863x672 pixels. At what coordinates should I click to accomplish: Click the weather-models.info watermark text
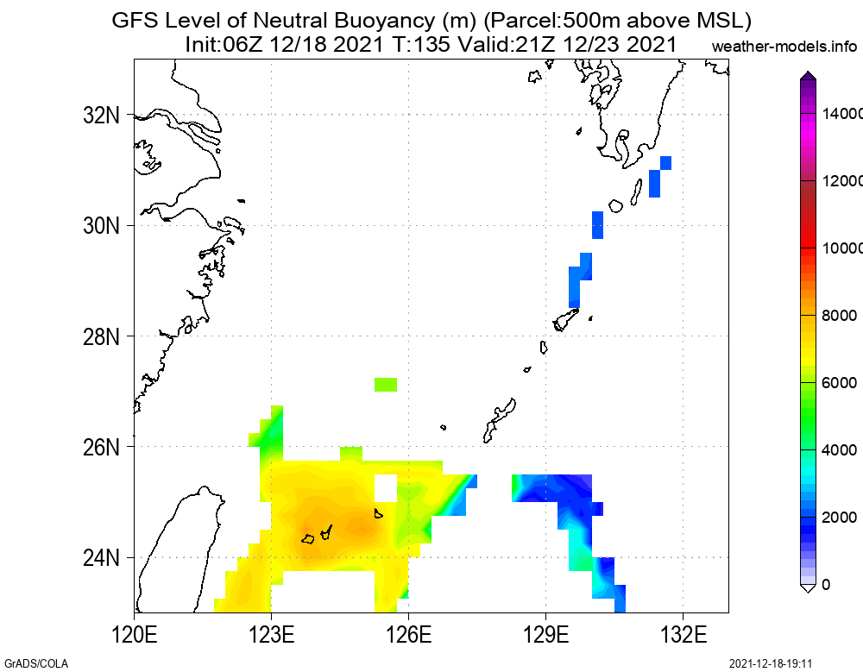pos(784,46)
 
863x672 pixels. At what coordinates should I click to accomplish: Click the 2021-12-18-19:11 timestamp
pos(772,663)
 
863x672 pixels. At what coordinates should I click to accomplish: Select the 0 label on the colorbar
pos(826,585)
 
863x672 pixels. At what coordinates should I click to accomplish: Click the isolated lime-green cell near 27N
pos(386,384)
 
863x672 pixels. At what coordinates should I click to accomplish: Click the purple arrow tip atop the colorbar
pos(808,75)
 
